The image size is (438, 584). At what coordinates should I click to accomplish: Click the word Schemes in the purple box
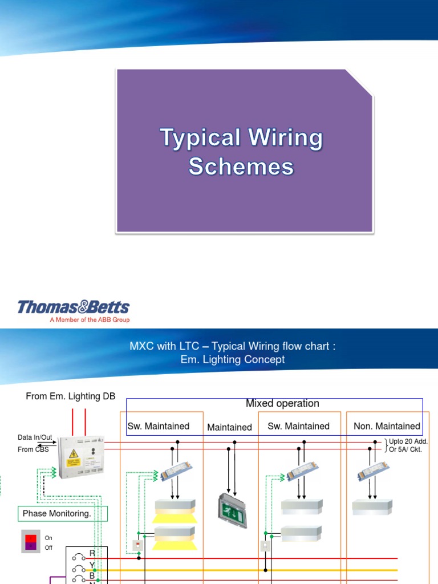click(241, 167)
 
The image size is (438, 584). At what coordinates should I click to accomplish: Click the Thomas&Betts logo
click(74, 307)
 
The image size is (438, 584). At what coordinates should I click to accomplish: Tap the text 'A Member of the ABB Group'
click(90, 320)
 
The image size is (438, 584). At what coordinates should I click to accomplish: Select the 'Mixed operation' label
click(282, 403)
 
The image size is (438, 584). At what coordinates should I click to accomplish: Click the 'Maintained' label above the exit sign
click(229, 427)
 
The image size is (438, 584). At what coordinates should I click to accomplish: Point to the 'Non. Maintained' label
click(387, 426)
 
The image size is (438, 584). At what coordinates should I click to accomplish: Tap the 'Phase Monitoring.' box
click(57, 513)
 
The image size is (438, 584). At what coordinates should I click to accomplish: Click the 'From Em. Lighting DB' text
click(71, 396)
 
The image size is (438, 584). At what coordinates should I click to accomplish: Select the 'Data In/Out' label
click(35, 437)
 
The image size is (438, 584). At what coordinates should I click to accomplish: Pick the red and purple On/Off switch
click(31, 541)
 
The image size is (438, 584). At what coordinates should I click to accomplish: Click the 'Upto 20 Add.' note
click(408, 441)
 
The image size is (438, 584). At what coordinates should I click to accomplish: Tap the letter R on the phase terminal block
click(92, 553)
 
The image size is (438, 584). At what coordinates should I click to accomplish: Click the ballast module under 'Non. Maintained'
click(372, 472)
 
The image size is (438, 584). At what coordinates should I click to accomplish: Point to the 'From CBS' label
click(34, 449)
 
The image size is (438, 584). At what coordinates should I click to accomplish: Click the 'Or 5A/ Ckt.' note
click(405, 449)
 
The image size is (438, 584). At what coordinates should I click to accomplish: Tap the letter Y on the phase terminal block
click(92, 565)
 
